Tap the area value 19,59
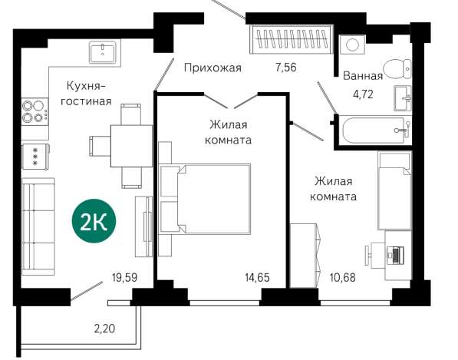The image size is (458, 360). (124, 277)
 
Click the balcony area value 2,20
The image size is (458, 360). (104, 330)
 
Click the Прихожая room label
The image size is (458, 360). (213, 68)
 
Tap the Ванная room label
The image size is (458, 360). (363, 76)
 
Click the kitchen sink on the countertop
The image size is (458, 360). (103, 51)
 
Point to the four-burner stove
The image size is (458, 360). (35, 112)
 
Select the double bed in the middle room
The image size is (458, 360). (206, 200)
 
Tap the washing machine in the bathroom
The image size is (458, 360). (353, 45)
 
